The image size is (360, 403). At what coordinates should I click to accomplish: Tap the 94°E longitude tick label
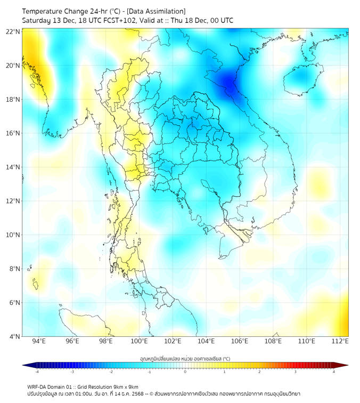point(39,342)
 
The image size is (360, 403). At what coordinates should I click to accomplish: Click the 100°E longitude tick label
point(140,342)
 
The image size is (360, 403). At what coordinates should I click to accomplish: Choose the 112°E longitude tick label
point(340,342)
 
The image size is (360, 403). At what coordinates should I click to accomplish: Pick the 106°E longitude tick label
point(240,342)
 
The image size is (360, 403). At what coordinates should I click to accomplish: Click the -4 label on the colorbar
point(36,372)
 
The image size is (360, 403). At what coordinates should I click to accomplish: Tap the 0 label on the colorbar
point(185,372)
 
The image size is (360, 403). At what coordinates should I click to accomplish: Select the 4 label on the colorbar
point(334,372)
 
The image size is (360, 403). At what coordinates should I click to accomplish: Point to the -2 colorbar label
point(111,372)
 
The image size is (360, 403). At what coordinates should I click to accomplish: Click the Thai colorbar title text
point(185,359)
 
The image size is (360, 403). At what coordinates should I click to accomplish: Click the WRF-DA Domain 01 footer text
point(51,386)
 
